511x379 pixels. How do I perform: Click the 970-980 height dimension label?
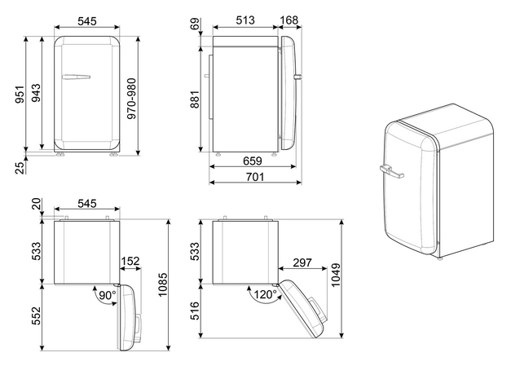point(132,99)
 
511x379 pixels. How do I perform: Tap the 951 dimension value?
point(20,95)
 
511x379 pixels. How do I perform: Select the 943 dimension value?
point(36,93)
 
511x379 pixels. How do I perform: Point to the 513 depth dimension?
point(245,20)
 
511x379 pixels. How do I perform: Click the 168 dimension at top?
point(289,20)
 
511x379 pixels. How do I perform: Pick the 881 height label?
point(195,99)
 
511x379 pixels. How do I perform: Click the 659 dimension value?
point(253,161)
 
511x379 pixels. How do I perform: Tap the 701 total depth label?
point(255,177)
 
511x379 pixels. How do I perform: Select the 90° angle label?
point(108,295)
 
